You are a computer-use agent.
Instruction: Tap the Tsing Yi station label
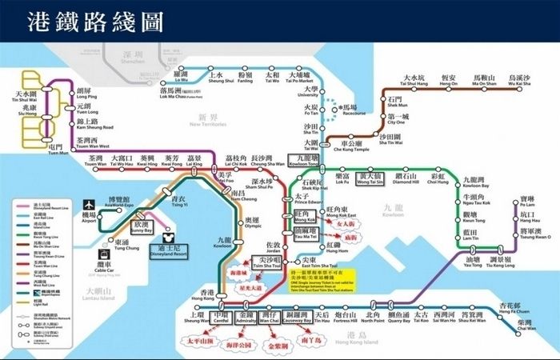pos(179,201)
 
